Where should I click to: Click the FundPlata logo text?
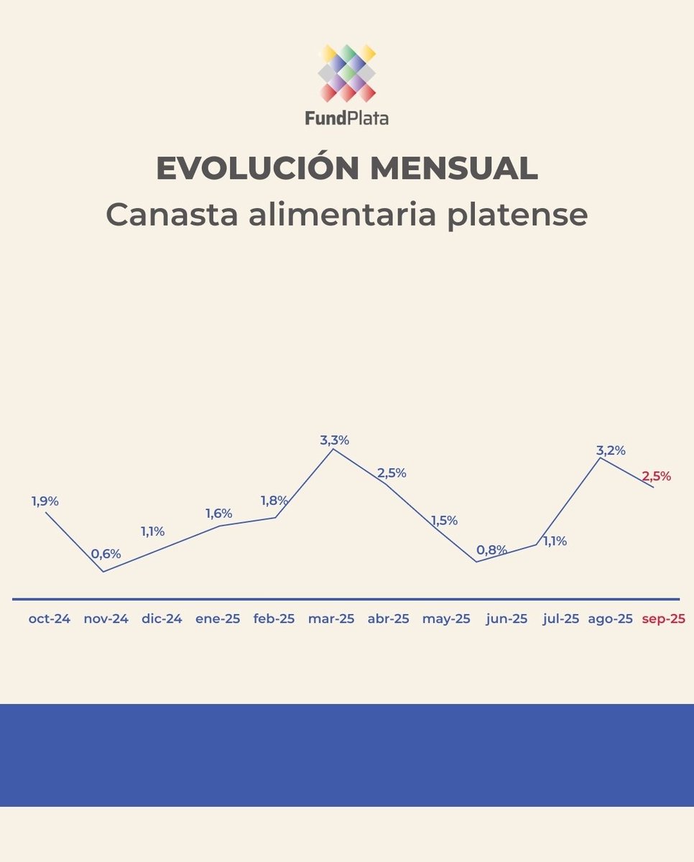point(346,117)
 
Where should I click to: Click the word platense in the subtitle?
point(517,214)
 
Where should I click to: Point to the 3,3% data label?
point(334,440)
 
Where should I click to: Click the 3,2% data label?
point(611,450)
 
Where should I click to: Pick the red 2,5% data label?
point(656,476)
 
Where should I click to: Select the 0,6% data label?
point(106,554)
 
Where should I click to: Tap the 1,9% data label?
point(45,501)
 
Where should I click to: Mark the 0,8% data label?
point(491,550)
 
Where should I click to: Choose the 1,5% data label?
point(444,521)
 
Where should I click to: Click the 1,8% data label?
point(274,501)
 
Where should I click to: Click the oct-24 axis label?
point(50,618)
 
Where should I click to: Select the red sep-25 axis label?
point(663,618)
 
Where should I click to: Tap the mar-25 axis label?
point(331,618)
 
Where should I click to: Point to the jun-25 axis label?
point(506,618)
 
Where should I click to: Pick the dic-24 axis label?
point(162,618)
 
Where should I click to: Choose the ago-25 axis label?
point(610,618)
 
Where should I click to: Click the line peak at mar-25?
point(332,449)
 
